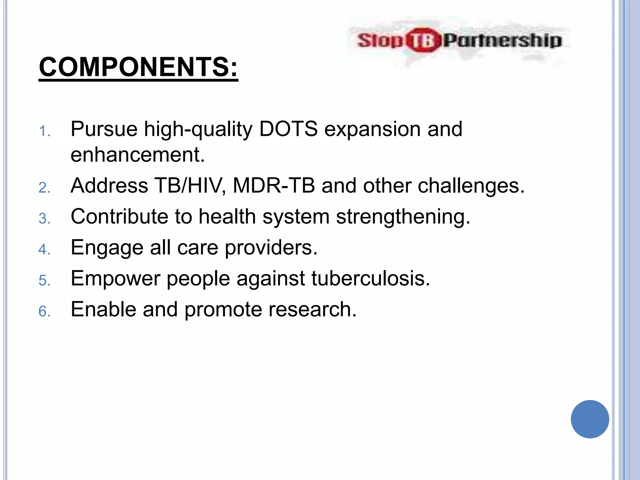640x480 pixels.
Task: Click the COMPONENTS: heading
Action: point(138,67)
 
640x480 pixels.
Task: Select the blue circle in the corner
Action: point(590,419)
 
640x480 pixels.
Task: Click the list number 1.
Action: point(44,131)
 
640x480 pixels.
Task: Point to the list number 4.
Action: point(44,250)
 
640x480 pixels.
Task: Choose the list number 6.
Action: point(44,312)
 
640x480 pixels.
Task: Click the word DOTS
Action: point(288,129)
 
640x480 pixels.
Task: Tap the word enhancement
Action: point(137,155)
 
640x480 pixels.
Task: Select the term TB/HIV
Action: point(190,185)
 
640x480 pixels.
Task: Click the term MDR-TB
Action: point(274,185)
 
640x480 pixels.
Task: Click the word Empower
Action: point(115,279)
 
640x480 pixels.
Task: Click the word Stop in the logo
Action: point(380,40)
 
